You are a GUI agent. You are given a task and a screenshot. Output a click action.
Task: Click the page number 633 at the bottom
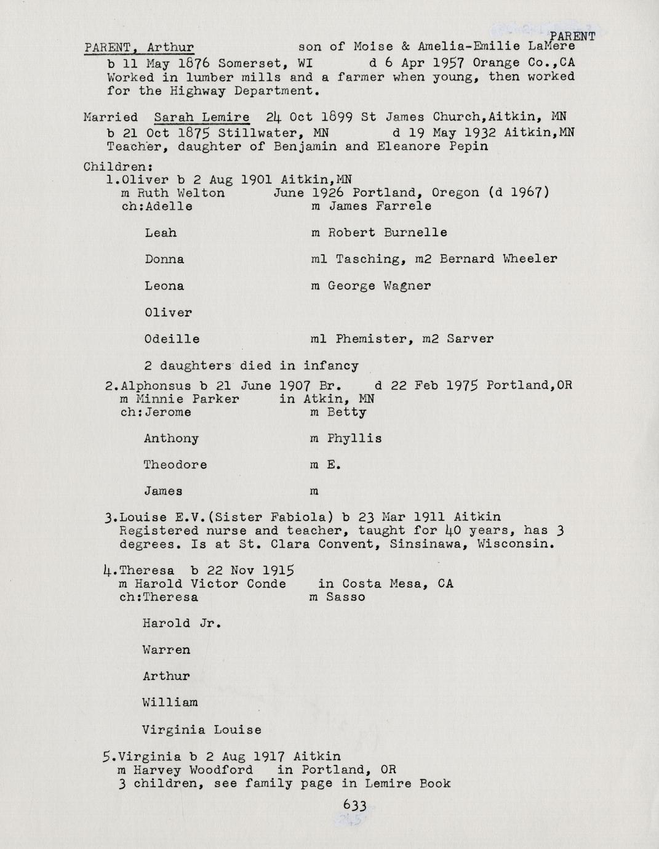click(355, 805)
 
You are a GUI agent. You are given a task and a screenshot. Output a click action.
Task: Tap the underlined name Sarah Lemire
click(201, 117)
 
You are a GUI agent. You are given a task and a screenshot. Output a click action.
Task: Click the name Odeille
click(172, 339)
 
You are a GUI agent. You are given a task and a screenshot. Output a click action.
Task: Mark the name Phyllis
click(354, 439)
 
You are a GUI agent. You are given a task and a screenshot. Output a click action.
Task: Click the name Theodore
click(175, 465)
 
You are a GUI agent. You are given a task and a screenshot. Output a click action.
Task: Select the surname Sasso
click(345, 597)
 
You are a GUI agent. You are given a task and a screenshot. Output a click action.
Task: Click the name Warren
click(166, 650)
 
